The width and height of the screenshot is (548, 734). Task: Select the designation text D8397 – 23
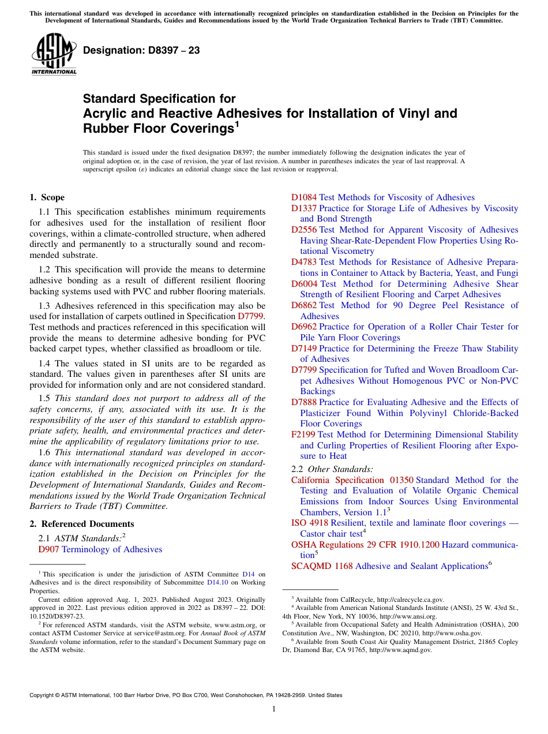click(x=141, y=51)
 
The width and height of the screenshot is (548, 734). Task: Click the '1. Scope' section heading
click(x=47, y=197)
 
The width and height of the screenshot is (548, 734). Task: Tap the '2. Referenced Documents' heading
click(x=81, y=524)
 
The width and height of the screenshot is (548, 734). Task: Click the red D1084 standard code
click(x=303, y=197)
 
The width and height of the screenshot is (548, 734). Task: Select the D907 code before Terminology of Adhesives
click(x=48, y=549)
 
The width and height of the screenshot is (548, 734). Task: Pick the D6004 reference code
click(x=304, y=284)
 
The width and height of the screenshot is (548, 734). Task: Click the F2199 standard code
click(x=303, y=435)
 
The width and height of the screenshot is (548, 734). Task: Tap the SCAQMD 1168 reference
click(x=321, y=566)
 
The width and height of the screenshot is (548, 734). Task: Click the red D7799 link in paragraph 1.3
click(x=250, y=316)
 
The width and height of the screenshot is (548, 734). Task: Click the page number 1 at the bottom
click(x=274, y=709)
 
